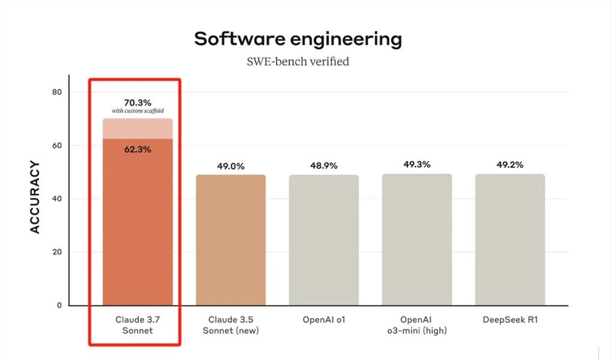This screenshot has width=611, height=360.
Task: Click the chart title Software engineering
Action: [x=298, y=39]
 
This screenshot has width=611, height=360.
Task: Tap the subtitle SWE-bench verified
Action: [x=298, y=62]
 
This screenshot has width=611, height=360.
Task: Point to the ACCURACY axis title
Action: [x=35, y=197]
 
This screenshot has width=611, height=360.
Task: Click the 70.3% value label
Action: [x=137, y=103]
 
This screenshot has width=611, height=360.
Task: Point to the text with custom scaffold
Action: [x=137, y=111]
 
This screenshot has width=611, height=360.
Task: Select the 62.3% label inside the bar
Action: [x=137, y=149]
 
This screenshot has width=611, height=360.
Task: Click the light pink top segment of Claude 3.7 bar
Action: [x=137, y=128]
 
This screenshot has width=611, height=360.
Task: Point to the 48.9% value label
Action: [x=324, y=166]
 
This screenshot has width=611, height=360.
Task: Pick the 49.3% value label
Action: [x=417, y=164]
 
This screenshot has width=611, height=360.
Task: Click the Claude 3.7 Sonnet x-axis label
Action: [x=137, y=325]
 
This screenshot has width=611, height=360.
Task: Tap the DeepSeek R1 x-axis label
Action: [x=510, y=320]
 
